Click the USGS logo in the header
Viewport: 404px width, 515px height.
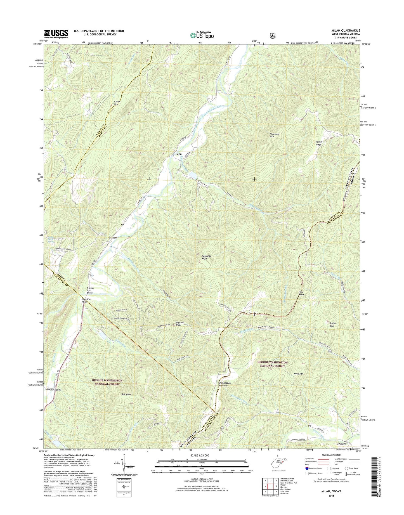click(x=56, y=34)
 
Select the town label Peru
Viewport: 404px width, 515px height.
click(x=178, y=154)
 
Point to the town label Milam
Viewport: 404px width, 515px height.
click(x=113, y=237)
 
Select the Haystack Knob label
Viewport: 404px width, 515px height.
click(x=180, y=324)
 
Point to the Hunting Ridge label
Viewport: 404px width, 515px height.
click(x=320, y=143)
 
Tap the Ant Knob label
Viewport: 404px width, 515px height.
click(x=126, y=394)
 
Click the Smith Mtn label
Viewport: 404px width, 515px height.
click(x=332, y=325)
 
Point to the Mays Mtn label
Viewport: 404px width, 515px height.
click(x=299, y=374)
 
